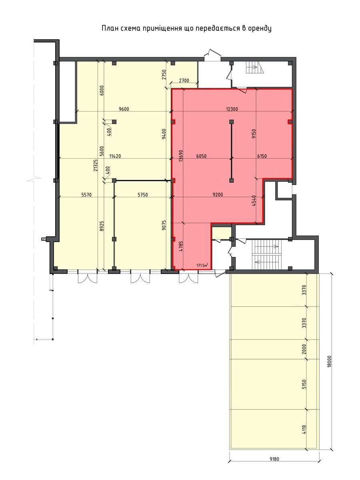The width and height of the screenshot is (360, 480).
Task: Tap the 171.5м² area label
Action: click(x=202, y=266)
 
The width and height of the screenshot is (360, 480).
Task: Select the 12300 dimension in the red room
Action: click(x=232, y=109)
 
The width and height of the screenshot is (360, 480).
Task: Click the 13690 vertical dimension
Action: click(x=181, y=156)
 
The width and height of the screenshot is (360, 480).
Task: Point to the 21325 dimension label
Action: click(x=96, y=165)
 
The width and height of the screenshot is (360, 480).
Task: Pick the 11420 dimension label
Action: click(x=115, y=156)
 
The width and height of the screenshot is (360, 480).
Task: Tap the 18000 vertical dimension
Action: click(x=330, y=362)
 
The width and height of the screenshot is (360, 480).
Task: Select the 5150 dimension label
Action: click(x=304, y=384)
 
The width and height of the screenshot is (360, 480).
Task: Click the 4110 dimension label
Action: click(x=304, y=429)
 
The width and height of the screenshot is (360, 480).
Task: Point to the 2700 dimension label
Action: click(x=184, y=81)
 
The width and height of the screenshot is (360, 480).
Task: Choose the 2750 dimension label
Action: click(x=164, y=74)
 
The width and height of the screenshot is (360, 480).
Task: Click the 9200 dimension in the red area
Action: click(x=218, y=194)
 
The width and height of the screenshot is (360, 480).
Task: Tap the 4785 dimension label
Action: click(x=181, y=246)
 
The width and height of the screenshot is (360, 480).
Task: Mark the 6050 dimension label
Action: click(x=201, y=156)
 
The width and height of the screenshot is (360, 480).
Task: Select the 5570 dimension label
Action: click(x=86, y=194)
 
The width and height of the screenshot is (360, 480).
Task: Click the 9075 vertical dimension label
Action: click(x=164, y=225)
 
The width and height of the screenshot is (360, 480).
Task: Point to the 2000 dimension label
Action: click(x=304, y=349)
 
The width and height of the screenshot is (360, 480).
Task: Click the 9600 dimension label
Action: click(x=124, y=109)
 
